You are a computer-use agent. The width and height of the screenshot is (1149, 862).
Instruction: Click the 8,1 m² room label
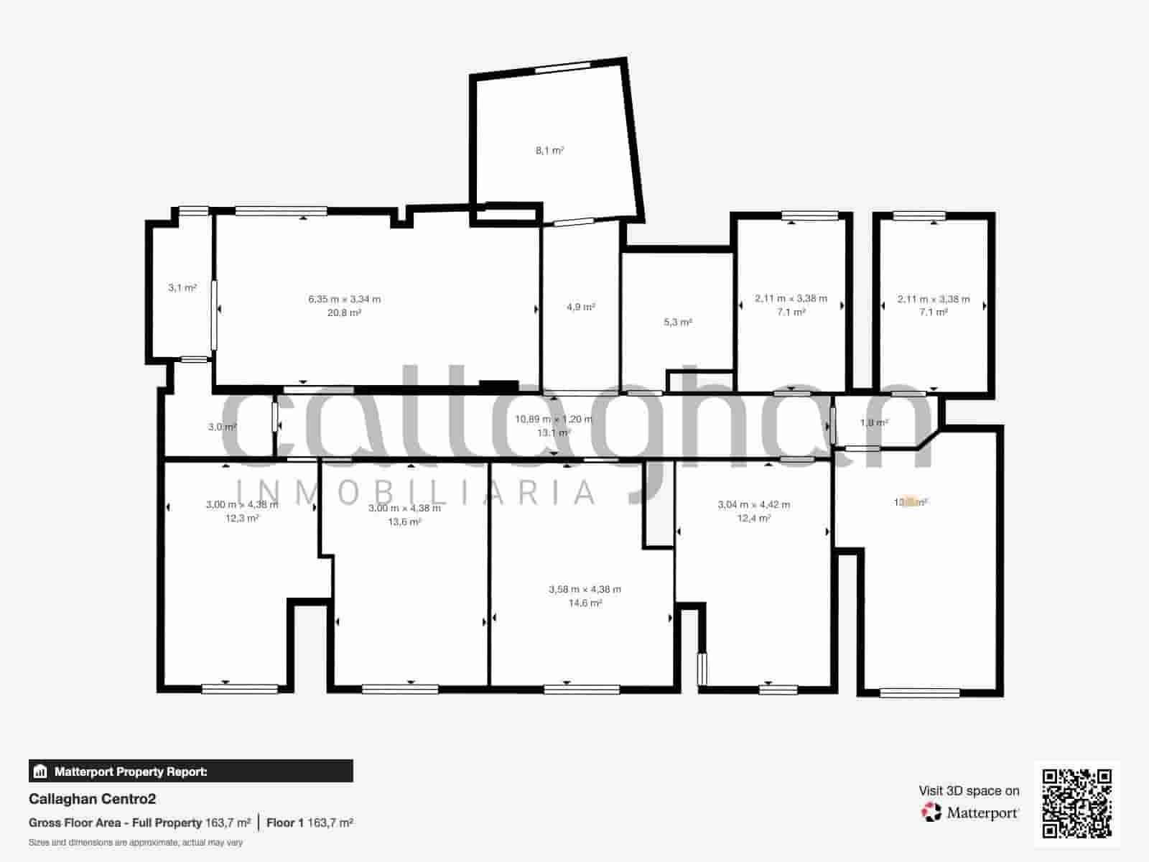(x=549, y=151)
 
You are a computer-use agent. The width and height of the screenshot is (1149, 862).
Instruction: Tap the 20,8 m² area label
(x=344, y=312)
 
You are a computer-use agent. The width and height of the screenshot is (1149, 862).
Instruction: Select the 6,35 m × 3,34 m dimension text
(x=344, y=299)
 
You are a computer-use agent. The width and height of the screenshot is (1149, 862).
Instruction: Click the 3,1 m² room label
(x=182, y=288)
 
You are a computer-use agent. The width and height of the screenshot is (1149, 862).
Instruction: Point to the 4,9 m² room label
(x=580, y=307)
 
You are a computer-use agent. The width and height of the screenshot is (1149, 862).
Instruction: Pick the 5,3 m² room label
(x=677, y=323)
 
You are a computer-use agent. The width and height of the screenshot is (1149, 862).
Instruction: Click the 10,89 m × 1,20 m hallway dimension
(x=554, y=419)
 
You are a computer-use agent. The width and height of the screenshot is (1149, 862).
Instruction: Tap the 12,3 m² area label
(x=242, y=518)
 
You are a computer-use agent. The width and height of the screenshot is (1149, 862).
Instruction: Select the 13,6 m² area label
(x=404, y=522)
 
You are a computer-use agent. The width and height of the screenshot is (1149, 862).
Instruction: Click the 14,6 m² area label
(x=585, y=603)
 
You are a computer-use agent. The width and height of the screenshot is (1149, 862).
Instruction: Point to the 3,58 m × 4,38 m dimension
(x=585, y=590)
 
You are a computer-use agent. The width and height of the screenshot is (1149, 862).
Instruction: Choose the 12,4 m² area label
(x=753, y=518)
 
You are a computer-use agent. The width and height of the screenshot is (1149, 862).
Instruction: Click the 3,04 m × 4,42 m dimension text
(x=753, y=505)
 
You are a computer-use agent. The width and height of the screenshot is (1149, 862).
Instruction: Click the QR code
(x=1076, y=803)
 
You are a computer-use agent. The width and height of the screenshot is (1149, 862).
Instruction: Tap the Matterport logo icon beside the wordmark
(x=931, y=812)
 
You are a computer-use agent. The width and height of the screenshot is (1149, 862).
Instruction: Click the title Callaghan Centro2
(x=92, y=799)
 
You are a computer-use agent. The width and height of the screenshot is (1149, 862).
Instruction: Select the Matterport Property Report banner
(x=191, y=771)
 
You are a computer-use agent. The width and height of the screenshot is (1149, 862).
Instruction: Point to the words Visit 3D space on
(x=969, y=791)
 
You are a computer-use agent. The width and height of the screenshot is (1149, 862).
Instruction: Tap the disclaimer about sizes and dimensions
(x=136, y=842)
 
